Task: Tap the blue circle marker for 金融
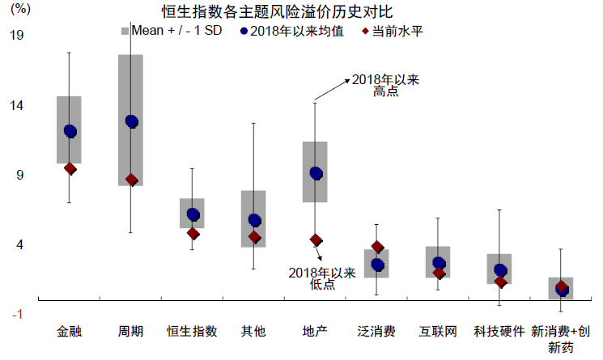(70, 131)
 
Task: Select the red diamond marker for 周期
(132, 180)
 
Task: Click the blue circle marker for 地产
(316, 173)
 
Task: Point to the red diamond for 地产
(316, 239)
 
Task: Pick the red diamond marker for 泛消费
(377, 247)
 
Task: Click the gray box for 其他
(254, 218)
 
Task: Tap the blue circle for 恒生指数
(193, 214)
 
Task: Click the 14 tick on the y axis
(16, 105)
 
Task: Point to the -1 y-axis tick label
(16, 314)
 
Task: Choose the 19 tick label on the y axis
(16, 36)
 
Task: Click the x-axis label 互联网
(438, 332)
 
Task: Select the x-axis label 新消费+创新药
(561, 339)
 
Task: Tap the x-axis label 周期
(131, 332)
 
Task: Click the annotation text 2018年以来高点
(385, 86)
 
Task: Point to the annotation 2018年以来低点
(321, 278)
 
